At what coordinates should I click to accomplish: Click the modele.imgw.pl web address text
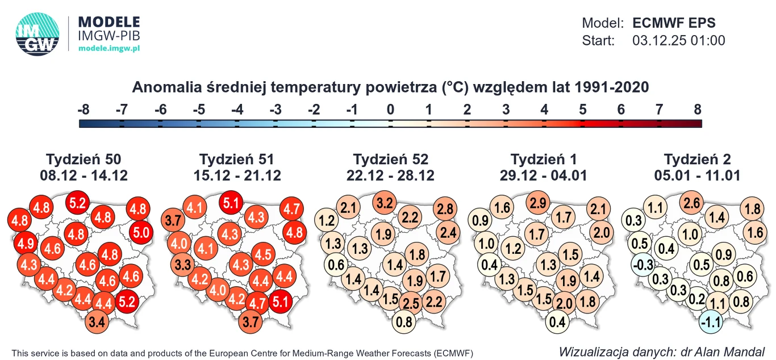(109, 49)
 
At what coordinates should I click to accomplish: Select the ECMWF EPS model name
(674, 23)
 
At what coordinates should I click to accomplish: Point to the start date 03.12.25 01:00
(678, 41)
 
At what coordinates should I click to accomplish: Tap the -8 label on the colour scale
(84, 110)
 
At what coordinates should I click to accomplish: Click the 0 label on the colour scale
(390, 110)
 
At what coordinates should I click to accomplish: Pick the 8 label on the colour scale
(698, 110)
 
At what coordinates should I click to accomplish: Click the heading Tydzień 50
(84, 160)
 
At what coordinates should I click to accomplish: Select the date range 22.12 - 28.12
(390, 175)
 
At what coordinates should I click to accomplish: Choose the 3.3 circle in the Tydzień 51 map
(183, 265)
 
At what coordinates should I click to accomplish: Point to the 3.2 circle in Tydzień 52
(385, 202)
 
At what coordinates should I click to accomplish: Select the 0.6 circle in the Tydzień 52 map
(336, 264)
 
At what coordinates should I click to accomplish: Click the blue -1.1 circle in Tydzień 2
(710, 321)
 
